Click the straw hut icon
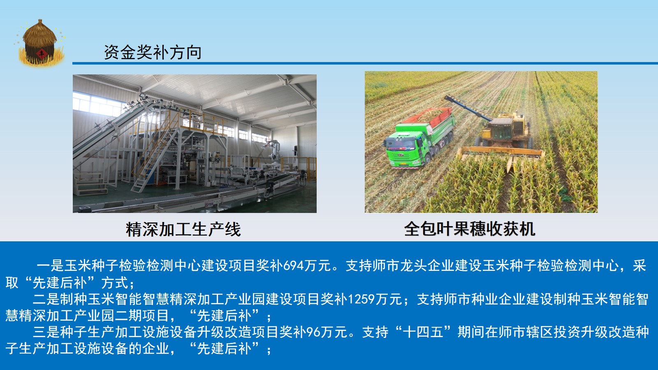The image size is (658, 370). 40,43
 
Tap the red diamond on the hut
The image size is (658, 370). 42,53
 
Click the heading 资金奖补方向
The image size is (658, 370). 153,53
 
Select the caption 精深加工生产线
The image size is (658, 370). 183,229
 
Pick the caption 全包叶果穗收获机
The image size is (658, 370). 470,229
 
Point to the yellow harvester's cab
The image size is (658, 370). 501,129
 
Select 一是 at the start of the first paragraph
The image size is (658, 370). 50,266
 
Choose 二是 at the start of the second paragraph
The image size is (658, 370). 46,299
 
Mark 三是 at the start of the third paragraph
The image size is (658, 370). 46,332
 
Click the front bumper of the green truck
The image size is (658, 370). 405,163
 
